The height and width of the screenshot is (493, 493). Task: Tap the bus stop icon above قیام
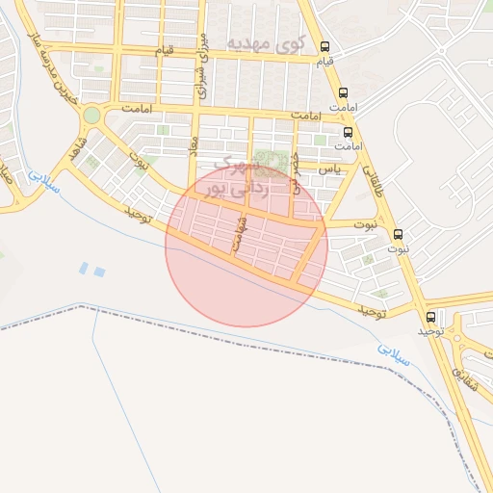pos(325,46)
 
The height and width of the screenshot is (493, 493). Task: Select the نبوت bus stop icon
pos(399,234)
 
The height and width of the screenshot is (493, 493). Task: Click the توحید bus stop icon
pos(430,316)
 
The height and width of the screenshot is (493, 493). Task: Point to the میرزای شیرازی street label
pos(202,64)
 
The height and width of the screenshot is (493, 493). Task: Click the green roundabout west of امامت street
pos(91,116)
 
